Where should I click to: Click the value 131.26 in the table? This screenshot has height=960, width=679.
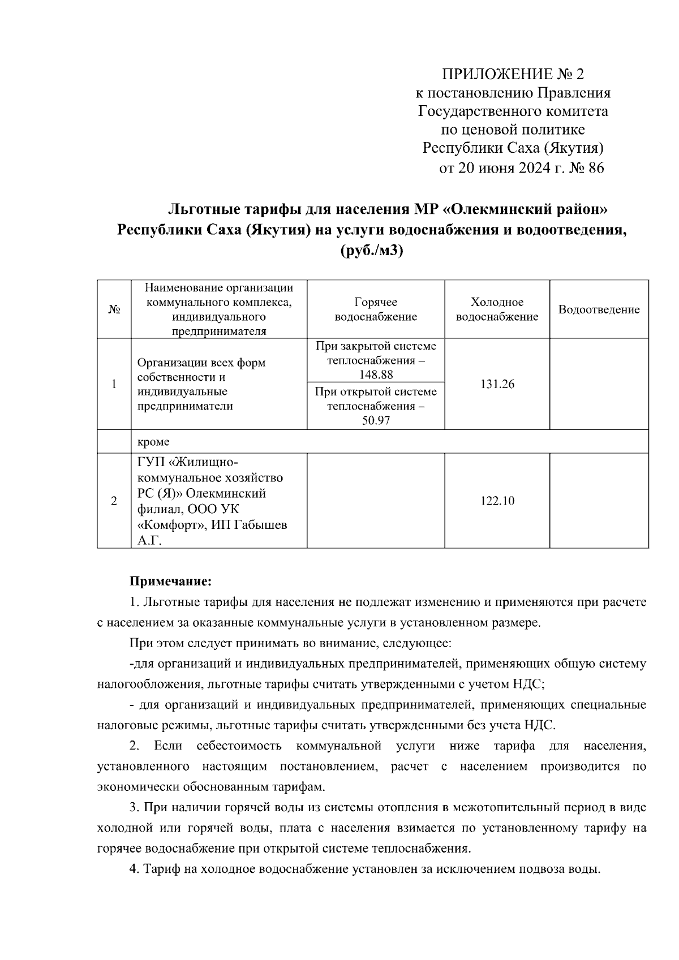pos(497,385)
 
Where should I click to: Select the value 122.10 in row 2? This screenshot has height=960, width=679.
pos(497,501)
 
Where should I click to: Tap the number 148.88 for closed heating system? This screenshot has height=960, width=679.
pos(376,374)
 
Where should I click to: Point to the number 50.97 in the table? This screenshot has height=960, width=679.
pos(376,421)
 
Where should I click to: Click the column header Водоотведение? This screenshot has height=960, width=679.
pos(599,309)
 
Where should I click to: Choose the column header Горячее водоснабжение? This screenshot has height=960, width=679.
pos(376,309)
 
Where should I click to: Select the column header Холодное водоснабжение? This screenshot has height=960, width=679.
pos(497,309)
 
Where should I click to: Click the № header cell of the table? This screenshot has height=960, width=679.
pos(114,310)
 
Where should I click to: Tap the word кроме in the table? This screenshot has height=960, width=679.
pos(153,442)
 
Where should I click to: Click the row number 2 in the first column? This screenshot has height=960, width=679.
pos(114,501)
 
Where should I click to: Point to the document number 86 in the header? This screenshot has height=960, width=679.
pos(596,168)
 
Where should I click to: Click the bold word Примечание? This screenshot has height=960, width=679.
pos(170,581)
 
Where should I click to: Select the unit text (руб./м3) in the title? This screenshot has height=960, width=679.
pos(372,251)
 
